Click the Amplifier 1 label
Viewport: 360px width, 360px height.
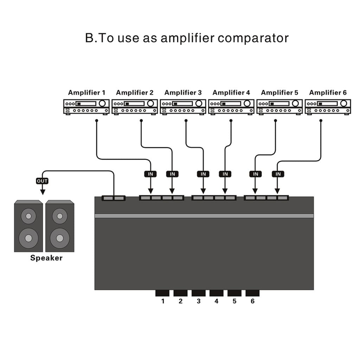86,93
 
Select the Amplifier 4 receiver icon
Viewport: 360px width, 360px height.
231,107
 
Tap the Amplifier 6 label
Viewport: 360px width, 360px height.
328,93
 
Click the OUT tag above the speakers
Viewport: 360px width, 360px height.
42,181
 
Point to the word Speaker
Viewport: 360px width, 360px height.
46,258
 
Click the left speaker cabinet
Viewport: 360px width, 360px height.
28,226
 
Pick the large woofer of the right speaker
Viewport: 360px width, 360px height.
59,239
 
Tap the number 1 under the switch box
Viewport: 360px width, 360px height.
163,301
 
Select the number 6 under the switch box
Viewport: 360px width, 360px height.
252,301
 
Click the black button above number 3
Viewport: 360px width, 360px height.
199,293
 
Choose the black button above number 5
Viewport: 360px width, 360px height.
234,293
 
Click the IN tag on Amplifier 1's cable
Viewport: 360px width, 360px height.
150,174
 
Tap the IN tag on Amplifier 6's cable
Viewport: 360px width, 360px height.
278,174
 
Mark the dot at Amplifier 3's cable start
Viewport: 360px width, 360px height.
186,121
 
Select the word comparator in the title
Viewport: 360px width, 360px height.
253,38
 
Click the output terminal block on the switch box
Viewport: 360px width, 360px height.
114,198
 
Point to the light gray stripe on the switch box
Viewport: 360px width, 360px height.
204,216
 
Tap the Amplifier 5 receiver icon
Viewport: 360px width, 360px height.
279,107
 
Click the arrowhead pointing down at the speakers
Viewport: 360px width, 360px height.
43,192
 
